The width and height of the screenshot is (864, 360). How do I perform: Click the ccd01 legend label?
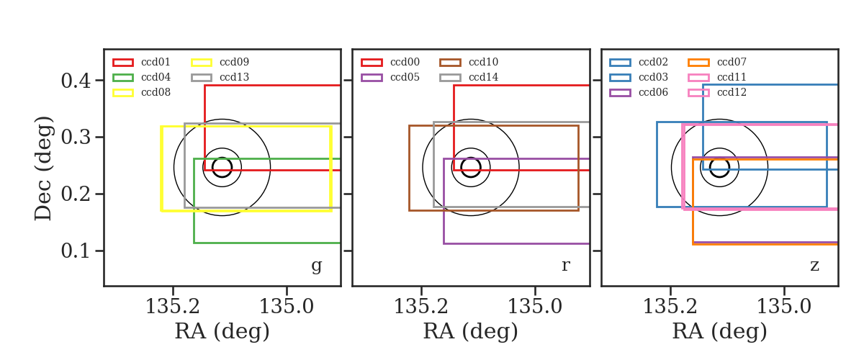click(x=156, y=62)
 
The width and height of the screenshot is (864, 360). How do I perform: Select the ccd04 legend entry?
click(x=156, y=77)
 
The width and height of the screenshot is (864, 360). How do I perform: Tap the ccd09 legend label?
click(x=234, y=62)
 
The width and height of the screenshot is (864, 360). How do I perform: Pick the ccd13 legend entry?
click(x=234, y=77)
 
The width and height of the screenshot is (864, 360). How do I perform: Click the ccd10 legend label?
click(x=483, y=62)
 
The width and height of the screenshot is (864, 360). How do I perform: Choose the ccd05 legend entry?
click(x=405, y=77)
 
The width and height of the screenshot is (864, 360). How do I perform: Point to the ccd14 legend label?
click(x=483, y=77)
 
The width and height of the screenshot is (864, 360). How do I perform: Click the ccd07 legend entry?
click(x=732, y=62)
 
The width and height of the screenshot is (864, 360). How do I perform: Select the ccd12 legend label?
click(x=732, y=93)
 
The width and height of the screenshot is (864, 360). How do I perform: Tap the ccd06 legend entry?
click(x=653, y=93)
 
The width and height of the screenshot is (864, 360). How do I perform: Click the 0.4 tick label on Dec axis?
click(x=76, y=81)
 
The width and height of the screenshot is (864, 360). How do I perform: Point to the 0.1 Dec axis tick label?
click(x=76, y=251)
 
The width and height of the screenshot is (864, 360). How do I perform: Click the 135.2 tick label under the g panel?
click(x=172, y=307)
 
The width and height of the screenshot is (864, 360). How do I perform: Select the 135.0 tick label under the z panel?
click(x=784, y=307)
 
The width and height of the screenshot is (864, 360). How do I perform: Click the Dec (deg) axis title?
click(x=43, y=168)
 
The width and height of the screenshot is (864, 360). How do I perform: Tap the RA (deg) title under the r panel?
click(x=471, y=331)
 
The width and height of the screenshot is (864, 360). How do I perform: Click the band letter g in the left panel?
click(x=316, y=266)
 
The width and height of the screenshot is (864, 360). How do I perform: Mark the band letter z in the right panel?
click(x=814, y=266)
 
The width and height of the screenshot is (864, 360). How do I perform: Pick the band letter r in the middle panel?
click(x=565, y=266)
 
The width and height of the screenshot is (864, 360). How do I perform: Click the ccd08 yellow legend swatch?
click(x=123, y=93)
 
